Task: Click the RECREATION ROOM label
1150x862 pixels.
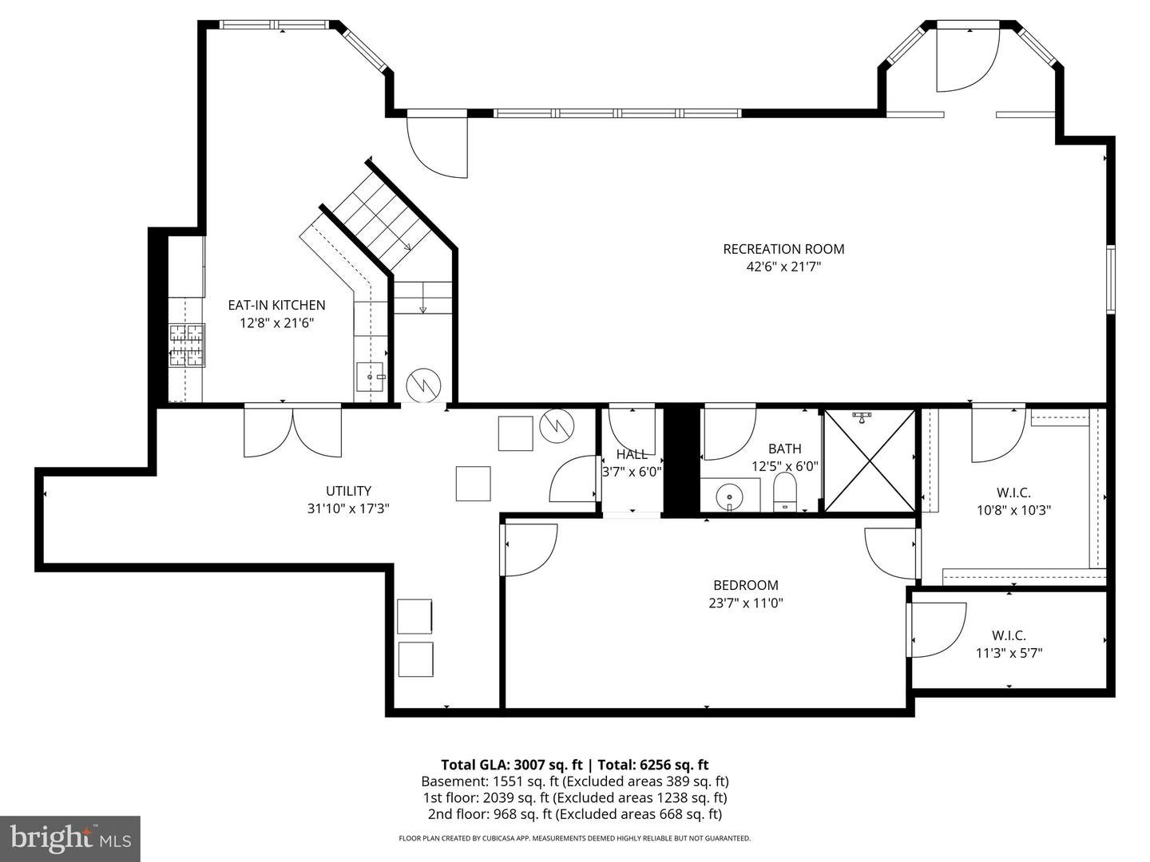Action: (x=783, y=249)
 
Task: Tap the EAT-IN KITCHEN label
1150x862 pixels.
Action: (x=276, y=305)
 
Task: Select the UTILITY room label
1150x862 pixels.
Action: (x=348, y=491)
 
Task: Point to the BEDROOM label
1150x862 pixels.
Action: (x=746, y=585)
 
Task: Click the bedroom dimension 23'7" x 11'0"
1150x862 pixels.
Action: (x=746, y=603)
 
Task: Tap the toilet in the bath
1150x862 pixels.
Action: (x=785, y=492)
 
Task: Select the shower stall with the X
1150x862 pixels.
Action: (x=870, y=460)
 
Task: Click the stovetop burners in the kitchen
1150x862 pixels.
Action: (x=187, y=346)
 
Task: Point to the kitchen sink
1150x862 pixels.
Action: (x=371, y=377)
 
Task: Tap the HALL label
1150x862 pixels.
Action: (x=632, y=454)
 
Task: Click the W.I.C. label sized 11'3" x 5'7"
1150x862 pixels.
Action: (x=1009, y=635)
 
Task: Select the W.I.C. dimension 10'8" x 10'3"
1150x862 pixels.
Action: (x=1013, y=510)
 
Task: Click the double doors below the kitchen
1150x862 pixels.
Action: (x=293, y=430)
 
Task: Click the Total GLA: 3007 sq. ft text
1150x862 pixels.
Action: (x=512, y=765)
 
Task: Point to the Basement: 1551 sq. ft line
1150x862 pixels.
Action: (x=575, y=781)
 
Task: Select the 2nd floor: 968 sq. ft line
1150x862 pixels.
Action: (x=575, y=814)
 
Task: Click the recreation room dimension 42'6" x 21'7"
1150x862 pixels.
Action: (x=783, y=267)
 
